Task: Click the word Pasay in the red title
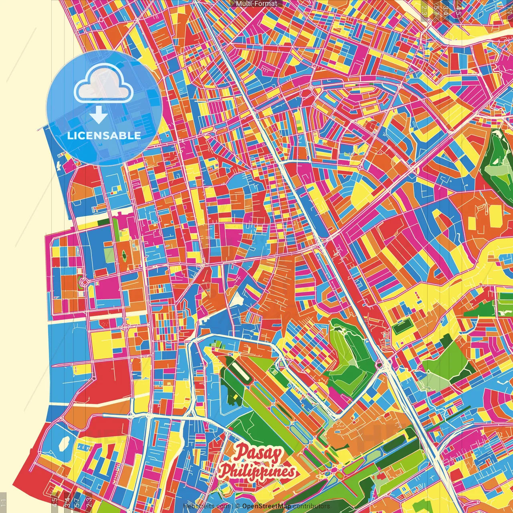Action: [x=259, y=453]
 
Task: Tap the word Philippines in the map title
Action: [x=257, y=472]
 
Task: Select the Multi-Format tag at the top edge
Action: [x=256, y=4]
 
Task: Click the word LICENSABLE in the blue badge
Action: [x=104, y=135]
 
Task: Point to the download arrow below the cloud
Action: [x=99, y=115]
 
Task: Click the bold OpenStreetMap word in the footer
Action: [x=266, y=506]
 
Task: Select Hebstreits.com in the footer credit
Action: [x=206, y=506]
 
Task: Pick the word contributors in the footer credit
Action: [x=311, y=506]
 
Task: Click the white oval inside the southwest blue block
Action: [x=64, y=443]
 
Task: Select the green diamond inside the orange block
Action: [x=124, y=255]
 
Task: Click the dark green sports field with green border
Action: [x=402, y=326]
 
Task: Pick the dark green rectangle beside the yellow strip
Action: [x=103, y=221]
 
